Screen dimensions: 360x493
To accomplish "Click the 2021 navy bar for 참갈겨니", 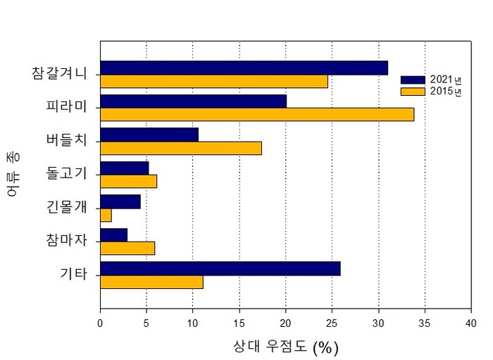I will [244, 68].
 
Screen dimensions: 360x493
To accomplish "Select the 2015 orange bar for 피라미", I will [257, 114].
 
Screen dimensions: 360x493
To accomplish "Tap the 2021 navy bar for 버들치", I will [149, 135].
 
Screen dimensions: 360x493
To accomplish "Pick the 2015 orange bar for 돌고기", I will [128, 181].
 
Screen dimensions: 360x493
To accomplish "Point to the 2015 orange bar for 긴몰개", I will [106, 215].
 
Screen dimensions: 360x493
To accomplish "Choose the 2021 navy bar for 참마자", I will [113, 235].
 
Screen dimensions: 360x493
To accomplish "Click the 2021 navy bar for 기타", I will [220, 268].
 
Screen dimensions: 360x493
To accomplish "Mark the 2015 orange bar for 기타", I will [151, 282].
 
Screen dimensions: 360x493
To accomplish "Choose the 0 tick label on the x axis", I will [100, 323].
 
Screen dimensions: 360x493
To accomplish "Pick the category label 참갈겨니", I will [60, 73].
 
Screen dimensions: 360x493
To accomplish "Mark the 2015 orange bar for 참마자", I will [127, 248].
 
